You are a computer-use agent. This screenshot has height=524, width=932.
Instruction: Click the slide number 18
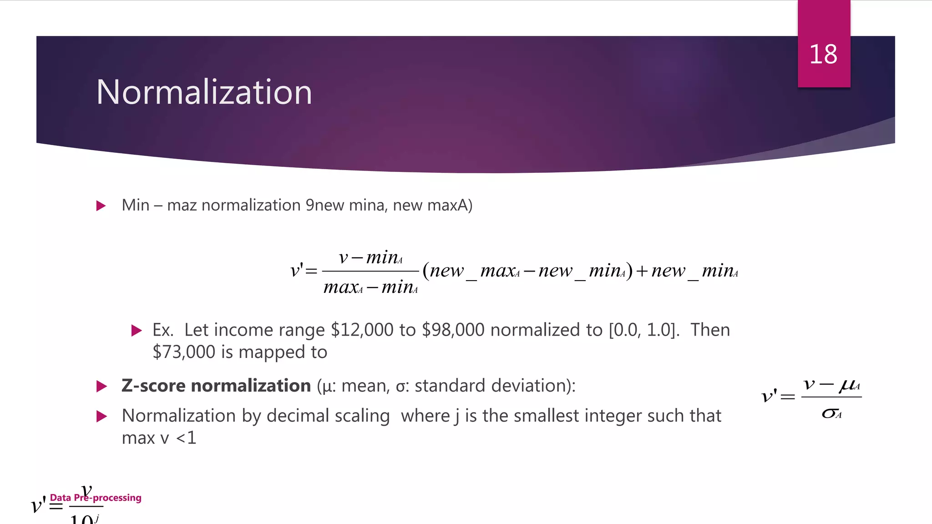click(x=823, y=55)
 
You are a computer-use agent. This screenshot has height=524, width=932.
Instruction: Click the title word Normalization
click(x=204, y=92)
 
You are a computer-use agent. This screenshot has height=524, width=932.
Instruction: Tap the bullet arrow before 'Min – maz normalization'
click(x=101, y=206)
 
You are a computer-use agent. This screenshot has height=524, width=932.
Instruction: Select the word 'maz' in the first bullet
click(x=182, y=206)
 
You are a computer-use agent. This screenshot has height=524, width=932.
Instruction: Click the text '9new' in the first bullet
click(x=324, y=206)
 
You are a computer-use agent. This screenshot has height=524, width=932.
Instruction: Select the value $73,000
click(x=184, y=353)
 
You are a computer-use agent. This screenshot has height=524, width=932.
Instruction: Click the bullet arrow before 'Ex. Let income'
click(x=136, y=331)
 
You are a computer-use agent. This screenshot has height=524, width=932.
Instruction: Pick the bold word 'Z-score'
click(x=153, y=386)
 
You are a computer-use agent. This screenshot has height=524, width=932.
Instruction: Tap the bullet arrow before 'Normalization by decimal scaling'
click(x=101, y=416)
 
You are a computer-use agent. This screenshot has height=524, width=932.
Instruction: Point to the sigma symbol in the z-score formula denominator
click(x=829, y=413)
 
